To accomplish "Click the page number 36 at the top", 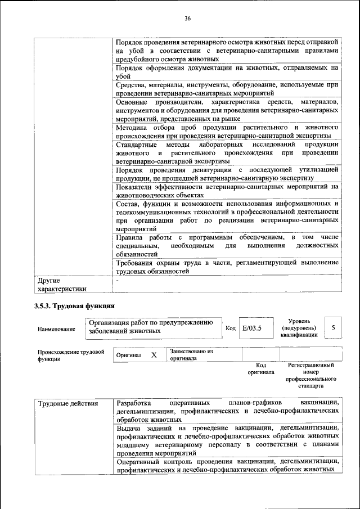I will tap(187, 19).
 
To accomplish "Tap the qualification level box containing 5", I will tap(334, 327).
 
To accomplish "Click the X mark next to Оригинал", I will tap(154, 355).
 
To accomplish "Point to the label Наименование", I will tap(56, 328).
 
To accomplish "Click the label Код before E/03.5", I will tap(230, 328).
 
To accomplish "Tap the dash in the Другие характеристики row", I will tap(118, 280).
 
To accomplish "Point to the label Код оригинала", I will tap(260, 368).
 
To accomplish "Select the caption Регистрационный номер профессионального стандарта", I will tap(310, 376).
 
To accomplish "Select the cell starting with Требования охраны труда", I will tap(227, 267).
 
